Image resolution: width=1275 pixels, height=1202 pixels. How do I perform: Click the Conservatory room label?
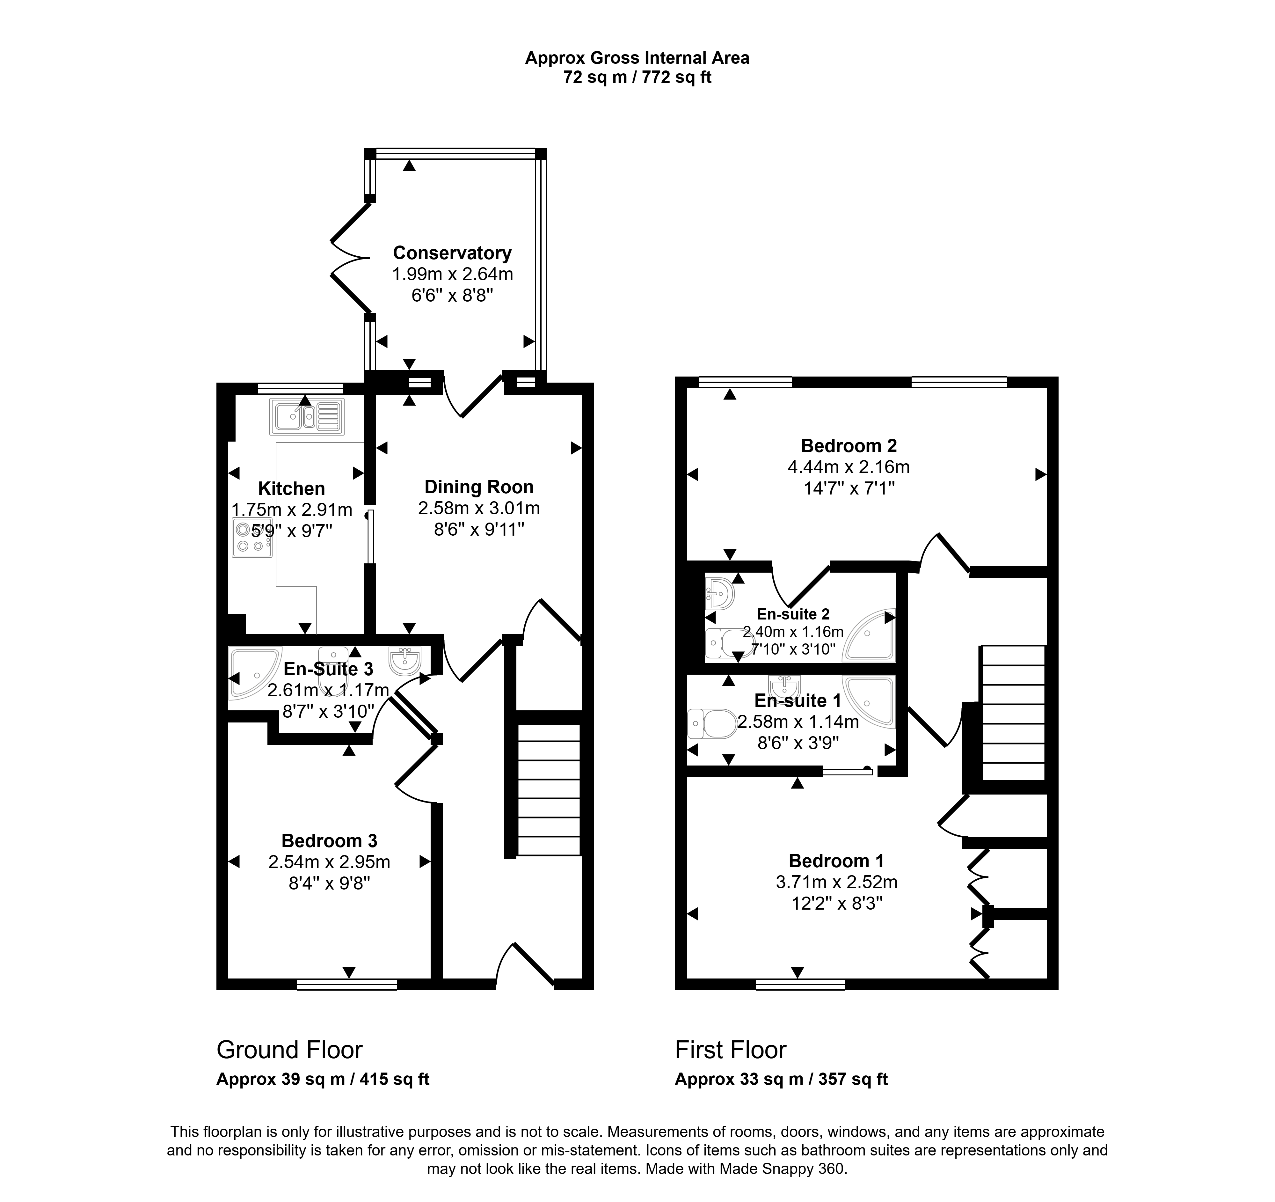(x=452, y=253)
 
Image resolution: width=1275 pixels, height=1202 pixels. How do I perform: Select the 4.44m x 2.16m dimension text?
(x=849, y=467)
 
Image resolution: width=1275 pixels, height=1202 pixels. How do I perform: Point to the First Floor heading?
(x=731, y=1050)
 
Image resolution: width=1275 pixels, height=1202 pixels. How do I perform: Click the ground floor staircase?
(x=548, y=789)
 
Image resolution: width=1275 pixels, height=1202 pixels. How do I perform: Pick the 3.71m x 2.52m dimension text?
(x=836, y=882)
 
